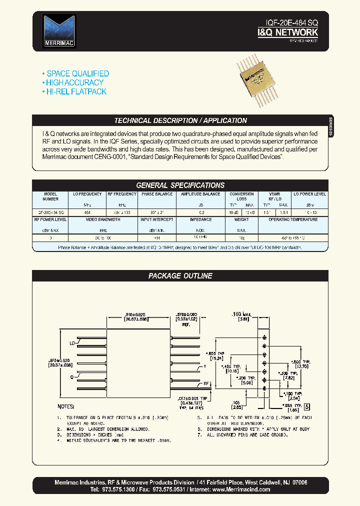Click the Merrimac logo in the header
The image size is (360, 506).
pyautogui.click(x=59, y=30)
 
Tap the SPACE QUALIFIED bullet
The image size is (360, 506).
pyautogui.click(x=77, y=73)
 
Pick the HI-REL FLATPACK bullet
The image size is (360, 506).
pyautogui.click(x=76, y=91)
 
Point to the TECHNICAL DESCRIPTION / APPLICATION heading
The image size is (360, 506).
pyautogui.click(x=180, y=120)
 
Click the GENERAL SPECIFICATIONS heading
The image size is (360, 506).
pyautogui.click(x=180, y=185)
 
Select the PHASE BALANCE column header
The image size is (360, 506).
pyautogui.click(x=157, y=194)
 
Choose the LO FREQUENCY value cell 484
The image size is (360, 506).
pyautogui.click(x=88, y=212)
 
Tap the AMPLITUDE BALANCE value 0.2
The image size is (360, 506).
pyautogui.click(x=200, y=212)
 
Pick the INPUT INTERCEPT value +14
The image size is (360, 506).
pyautogui.click(x=157, y=238)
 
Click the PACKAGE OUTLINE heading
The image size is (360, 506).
pyautogui.click(x=180, y=275)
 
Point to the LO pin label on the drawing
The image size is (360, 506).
pyautogui.click(x=72, y=344)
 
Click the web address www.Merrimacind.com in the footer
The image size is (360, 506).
pyautogui.click(x=241, y=489)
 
